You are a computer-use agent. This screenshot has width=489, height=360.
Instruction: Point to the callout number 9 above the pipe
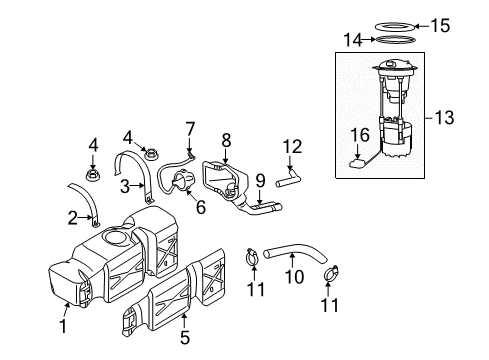click(259, 181)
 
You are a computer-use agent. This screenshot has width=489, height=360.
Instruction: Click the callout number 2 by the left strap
click(72, 217)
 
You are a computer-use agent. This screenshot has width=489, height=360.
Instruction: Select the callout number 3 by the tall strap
click(127, 186)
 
